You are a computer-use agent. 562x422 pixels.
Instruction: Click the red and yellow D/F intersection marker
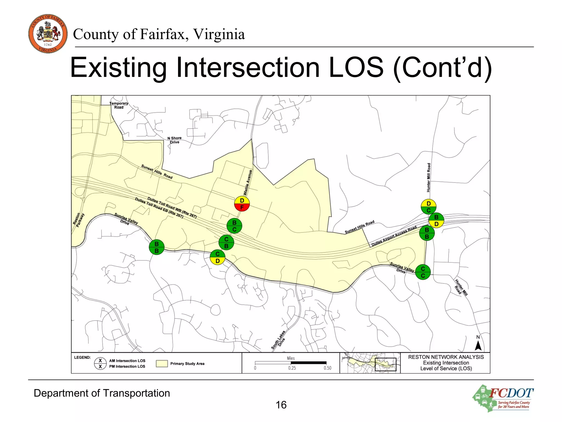tap(242, 204)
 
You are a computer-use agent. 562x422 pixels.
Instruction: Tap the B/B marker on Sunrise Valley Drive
tap(156, 247)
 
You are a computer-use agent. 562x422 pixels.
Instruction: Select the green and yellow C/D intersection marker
tap(217, 257)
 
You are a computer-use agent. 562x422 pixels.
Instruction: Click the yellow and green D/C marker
tap(428, 207)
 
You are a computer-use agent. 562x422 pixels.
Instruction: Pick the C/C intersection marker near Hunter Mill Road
tap(423, 272)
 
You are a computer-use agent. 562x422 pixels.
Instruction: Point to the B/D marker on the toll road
tap(436, 221)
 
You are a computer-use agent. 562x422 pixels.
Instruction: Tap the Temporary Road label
tap(119, 105)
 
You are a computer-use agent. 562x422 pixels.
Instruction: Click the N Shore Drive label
tap(175, 140)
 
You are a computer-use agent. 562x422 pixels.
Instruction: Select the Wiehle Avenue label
tap(248, 182)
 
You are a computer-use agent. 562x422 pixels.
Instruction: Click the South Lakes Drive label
tap(279, 340)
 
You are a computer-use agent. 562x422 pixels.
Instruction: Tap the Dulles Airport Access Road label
tap(394, 236)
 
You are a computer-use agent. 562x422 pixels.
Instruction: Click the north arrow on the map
tap(478, 345)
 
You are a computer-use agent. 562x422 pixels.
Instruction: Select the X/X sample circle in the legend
tap(100, 363)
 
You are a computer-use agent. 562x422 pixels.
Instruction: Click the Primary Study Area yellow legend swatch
tap(162, 363)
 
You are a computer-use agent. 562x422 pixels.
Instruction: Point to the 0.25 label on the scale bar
tap(292, 368)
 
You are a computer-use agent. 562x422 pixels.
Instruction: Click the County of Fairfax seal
tap(48, 34)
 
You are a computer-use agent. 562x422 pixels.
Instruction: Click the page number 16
tap(281, 405)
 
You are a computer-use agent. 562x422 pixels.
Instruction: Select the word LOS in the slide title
tap(356, 68)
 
